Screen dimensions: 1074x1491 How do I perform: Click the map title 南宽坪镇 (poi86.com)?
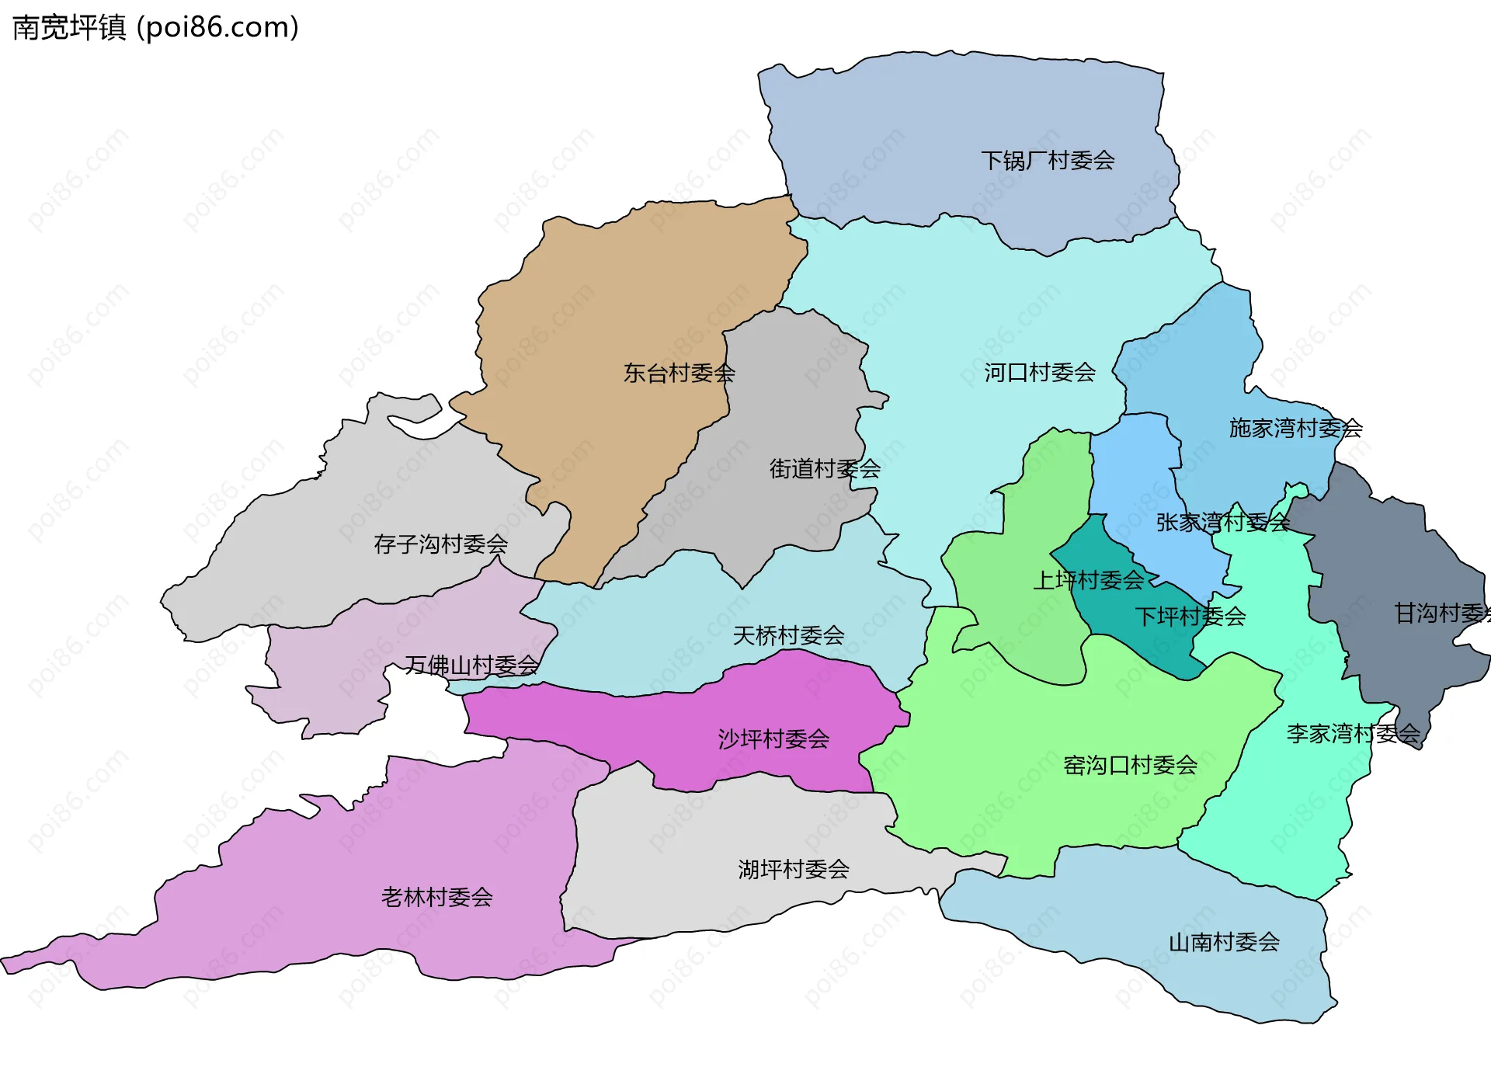point(155,28)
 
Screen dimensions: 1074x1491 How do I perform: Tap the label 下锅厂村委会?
point(1048,161)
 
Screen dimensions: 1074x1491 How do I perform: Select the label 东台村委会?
point(679,373)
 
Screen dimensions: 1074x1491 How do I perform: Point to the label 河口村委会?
point(1040,373)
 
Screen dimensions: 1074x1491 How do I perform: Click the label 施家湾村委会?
point(1295,428)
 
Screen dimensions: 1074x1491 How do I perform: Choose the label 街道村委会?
point(825,468)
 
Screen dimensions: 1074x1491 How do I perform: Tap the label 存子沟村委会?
point(440,544)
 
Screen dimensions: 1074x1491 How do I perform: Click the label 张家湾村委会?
point(1222,522)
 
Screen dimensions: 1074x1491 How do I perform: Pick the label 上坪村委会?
point(1088,579)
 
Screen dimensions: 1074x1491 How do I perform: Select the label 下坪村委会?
point(1190,617)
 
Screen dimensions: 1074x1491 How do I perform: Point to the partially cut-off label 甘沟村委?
point(1441,613)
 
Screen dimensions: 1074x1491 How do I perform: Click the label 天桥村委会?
point(788,635)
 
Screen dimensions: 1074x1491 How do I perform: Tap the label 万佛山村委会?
point(471,665)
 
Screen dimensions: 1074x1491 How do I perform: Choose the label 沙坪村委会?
point(773,739)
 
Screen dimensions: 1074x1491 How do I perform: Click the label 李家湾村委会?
point(1353,733)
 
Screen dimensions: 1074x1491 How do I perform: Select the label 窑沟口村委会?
point(1130,765)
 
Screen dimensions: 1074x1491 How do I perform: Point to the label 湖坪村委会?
point(793,869)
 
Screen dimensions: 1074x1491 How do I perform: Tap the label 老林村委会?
point(436,897)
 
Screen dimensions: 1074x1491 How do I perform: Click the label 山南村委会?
point(1224,942)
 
